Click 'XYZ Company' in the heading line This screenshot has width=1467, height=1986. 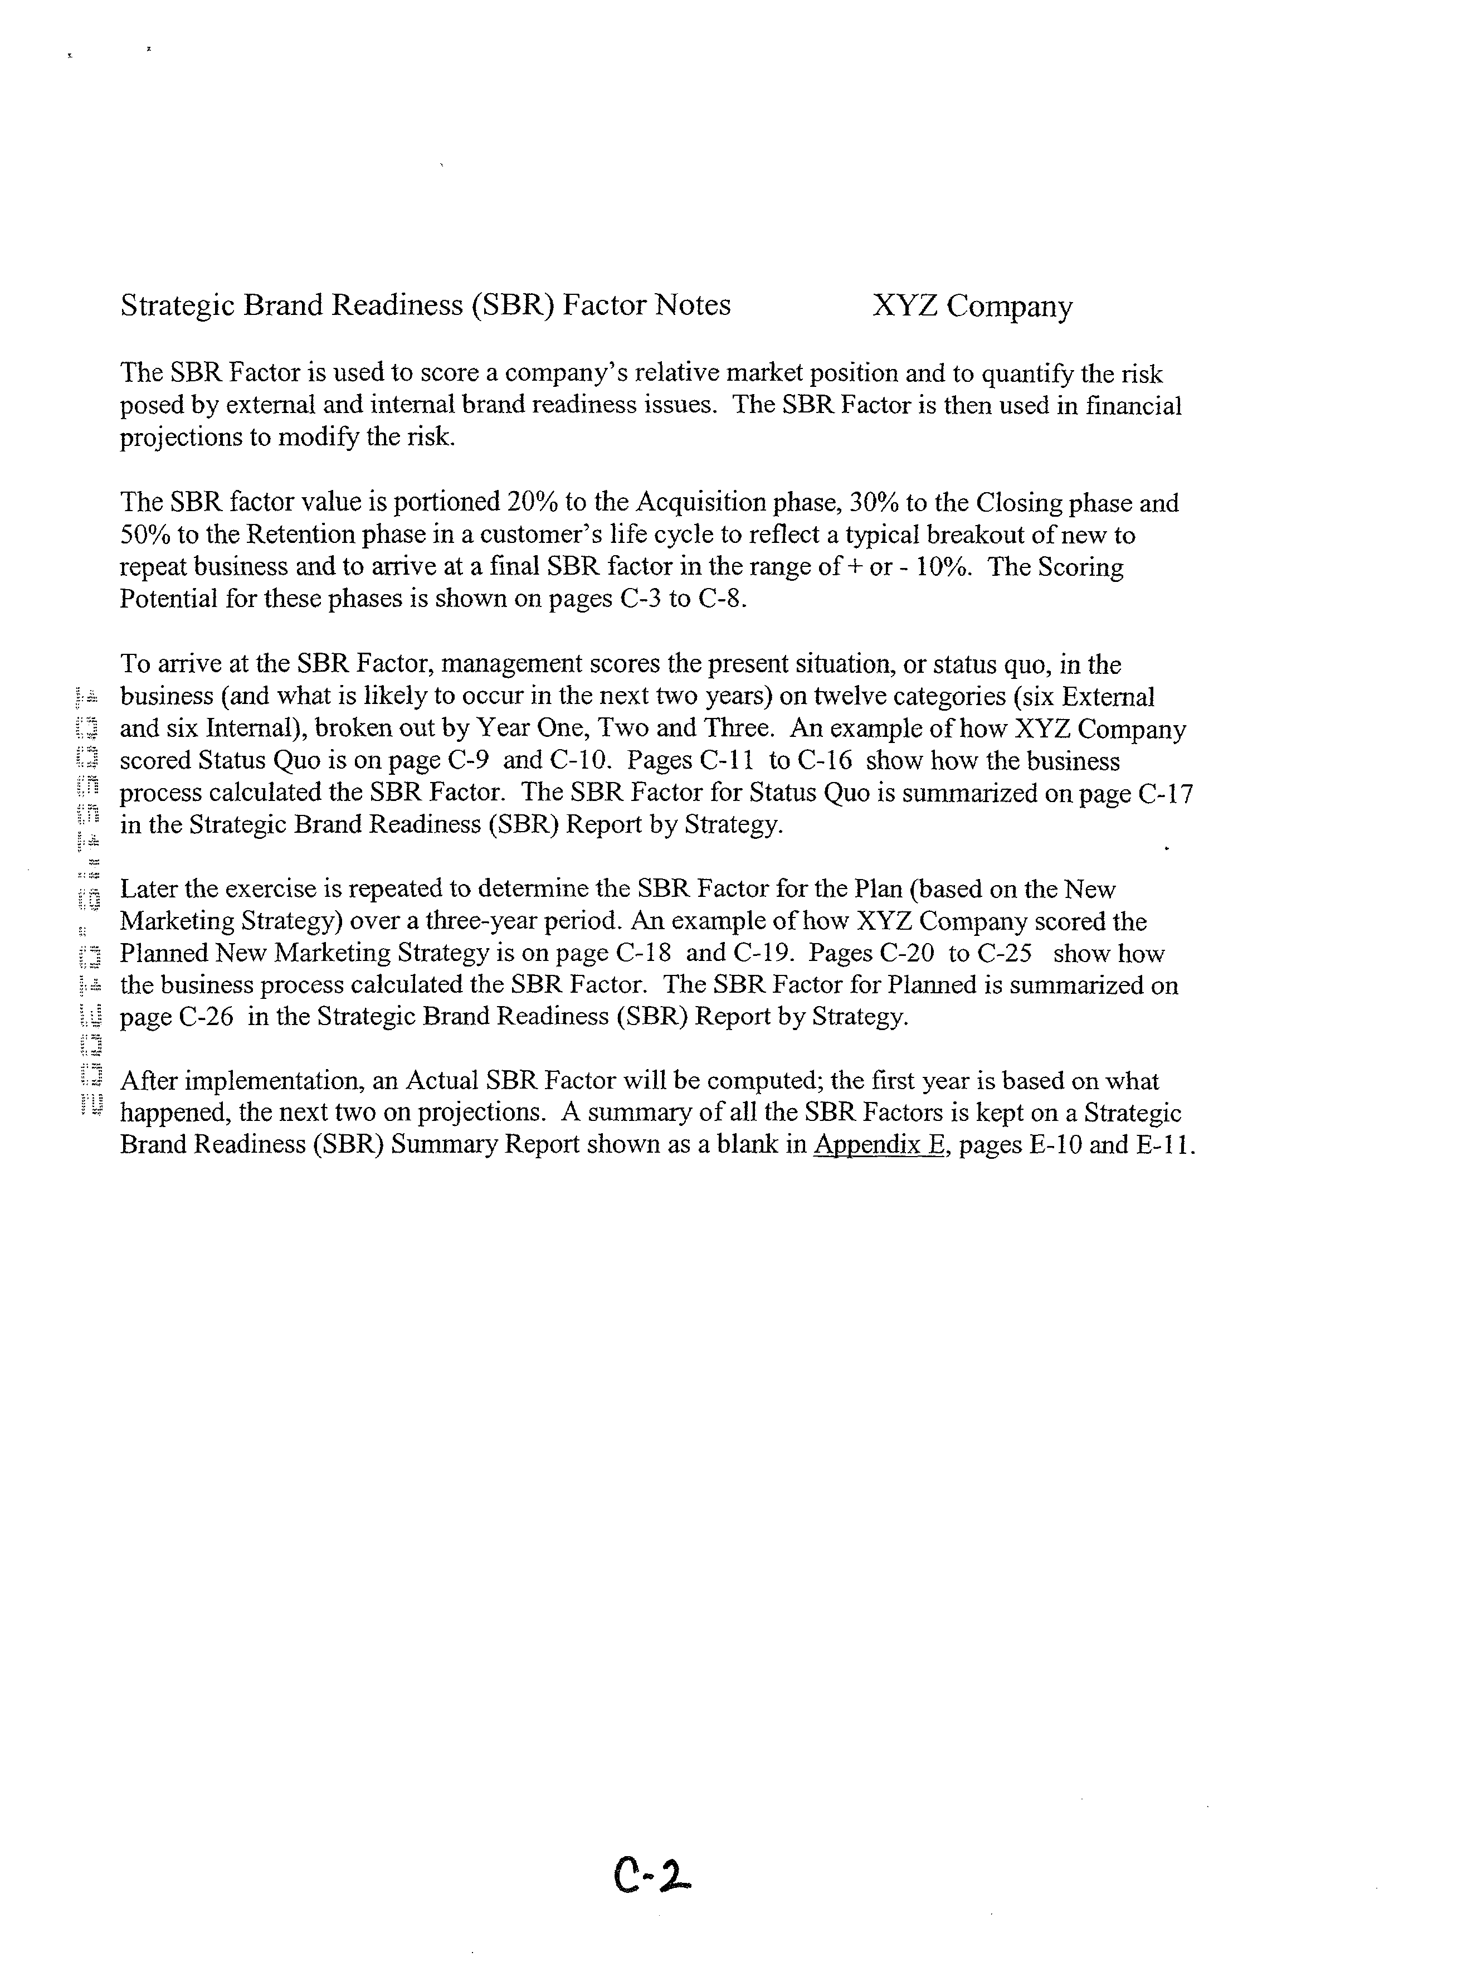click(x=972, y=307)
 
